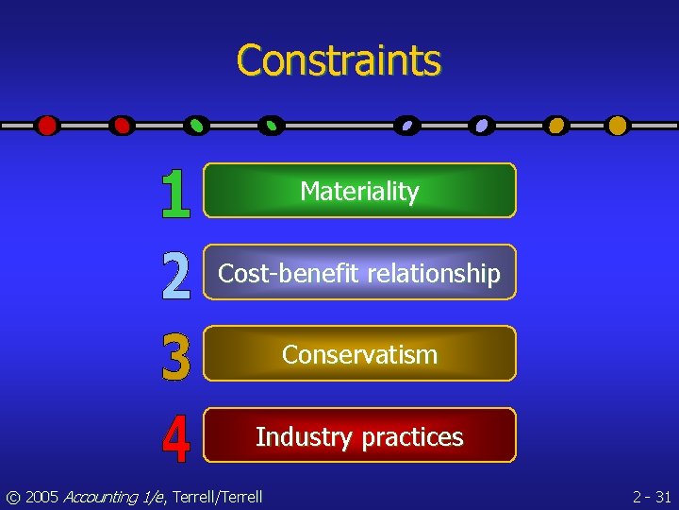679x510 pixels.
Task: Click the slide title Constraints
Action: tap(339, 60)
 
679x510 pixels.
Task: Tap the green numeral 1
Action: tap(175, 194)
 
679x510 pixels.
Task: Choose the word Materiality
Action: tap(359, 192)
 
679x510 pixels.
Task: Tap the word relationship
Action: tap(434, 274)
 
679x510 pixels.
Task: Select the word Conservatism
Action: tap(359, 355)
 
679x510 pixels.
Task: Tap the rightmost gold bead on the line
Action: tap(618, 126)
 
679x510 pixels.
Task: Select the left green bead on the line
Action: tap(197, 126)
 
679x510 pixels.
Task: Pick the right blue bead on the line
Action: tap(482, 126)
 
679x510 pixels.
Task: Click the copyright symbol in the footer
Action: tap(12, 497)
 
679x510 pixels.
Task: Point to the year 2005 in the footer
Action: tap(41, 497)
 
